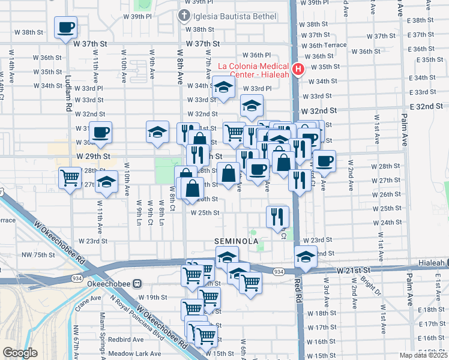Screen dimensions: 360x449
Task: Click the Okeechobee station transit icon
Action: click(137, 283)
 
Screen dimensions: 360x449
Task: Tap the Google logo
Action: click(20, 353)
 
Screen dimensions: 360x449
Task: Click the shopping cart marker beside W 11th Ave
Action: click(70, 178)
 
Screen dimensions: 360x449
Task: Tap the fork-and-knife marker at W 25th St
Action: click(277, 217)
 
